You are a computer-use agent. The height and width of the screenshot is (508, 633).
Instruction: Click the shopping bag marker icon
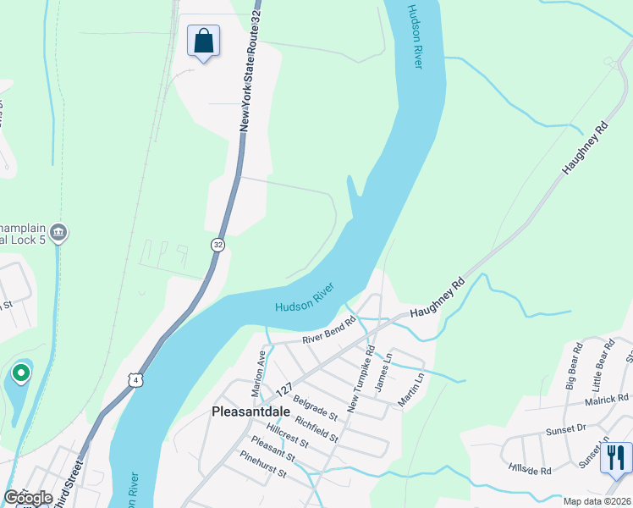203,40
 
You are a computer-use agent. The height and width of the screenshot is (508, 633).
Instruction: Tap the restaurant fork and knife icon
615,457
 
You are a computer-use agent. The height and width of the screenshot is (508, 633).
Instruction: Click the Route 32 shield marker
218,245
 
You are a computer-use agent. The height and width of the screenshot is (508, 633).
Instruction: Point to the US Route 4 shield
135,380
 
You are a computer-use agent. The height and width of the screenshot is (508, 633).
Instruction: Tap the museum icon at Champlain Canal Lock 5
58,232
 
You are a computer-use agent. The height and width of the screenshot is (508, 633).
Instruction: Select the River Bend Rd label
329,332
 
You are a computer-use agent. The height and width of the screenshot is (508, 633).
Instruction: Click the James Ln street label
382,372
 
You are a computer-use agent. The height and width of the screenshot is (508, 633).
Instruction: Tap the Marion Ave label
259,375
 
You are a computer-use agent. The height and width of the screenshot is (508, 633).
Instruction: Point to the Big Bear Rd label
573,366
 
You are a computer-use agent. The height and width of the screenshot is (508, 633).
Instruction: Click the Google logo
28,498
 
